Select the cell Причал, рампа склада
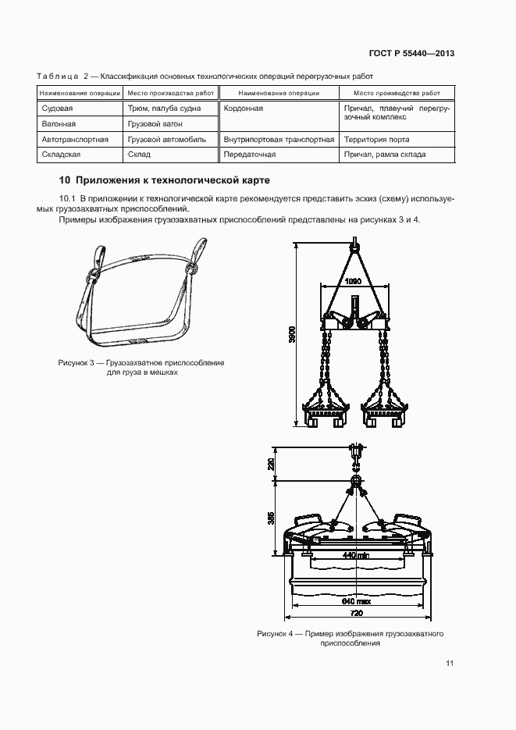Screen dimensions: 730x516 (385, 155)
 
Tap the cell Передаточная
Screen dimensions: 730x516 (249, 155)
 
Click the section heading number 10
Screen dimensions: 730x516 (65, 180)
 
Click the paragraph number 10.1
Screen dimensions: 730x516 (66, 199)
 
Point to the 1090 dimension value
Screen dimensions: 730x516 (353, 282)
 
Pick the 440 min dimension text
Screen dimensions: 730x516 (355, 555)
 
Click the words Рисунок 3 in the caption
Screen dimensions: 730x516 (76, 363)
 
